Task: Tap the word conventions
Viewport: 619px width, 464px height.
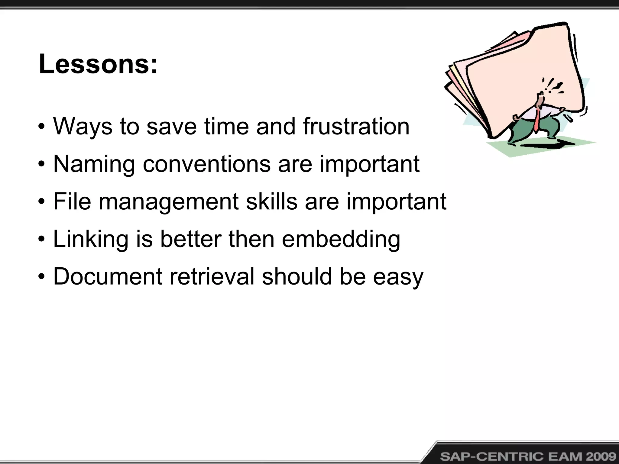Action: point(206,164)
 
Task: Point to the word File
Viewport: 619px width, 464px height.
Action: point(72,201)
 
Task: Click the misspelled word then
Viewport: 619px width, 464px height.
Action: point(251,239)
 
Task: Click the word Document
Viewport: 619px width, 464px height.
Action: point(108,276)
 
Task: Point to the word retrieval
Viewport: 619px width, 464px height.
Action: point(212,276)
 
